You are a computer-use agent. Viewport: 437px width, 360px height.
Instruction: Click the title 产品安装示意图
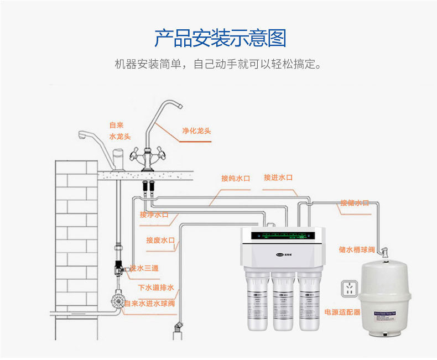[220, 39]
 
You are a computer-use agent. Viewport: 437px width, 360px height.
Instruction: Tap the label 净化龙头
[196, 131]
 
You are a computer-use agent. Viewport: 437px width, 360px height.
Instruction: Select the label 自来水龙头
[119, 131]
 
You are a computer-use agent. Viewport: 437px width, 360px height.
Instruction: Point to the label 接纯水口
[236, 178]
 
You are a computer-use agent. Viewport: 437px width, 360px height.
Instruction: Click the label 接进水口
[278, 178]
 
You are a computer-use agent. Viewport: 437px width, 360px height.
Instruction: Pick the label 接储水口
[354, 203]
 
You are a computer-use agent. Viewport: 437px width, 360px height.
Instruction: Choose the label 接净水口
[154, 215]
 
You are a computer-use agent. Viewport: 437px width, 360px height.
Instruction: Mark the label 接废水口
[160, 240]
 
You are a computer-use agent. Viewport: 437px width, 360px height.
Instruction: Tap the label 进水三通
[144, 268]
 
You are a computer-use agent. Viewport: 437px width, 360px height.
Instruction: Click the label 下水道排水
[156, 288]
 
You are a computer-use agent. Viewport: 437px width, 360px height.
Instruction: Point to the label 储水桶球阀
[357, 249]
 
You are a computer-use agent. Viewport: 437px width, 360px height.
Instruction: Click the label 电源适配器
[342, 312]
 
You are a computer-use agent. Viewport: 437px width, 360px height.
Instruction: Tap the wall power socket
[349, 289]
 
